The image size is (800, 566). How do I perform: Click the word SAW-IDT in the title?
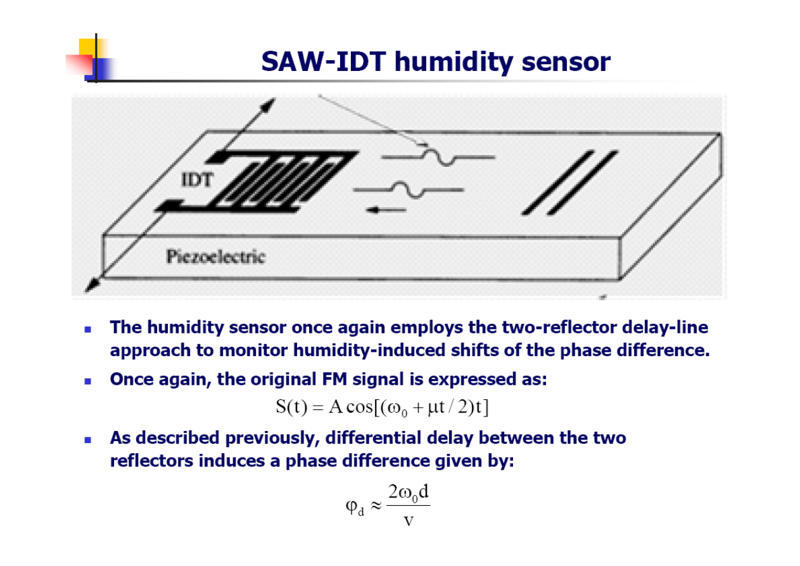coord(324,61)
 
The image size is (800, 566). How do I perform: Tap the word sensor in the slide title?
coord(566,62)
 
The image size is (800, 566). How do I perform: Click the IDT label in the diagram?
coord(197,180)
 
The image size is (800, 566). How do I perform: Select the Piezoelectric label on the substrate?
coord(216,257)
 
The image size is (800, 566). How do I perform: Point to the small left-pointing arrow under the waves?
coord(386,210)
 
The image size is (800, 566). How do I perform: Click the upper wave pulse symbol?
coord(438,157)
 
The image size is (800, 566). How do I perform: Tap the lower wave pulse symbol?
coord(408,190)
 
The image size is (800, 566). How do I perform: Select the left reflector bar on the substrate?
coord(557,183)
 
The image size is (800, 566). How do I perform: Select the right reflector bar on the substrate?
coord(583,183)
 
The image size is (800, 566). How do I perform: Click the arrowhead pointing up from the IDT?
coord(267,105)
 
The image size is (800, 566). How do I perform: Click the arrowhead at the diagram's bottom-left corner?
coord(92,285)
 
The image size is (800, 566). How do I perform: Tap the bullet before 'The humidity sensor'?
coord(88,329)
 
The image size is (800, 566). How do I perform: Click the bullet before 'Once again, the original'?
coord(88,382)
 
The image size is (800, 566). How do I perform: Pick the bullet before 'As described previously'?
coord(88,440)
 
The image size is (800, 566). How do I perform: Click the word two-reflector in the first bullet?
coord(559,327)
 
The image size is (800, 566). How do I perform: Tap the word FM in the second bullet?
coord(334,379)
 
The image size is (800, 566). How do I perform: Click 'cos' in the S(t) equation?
coord(359,407)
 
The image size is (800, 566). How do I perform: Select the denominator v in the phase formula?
coord(409,521)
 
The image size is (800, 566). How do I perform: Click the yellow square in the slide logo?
coord(87,47)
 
